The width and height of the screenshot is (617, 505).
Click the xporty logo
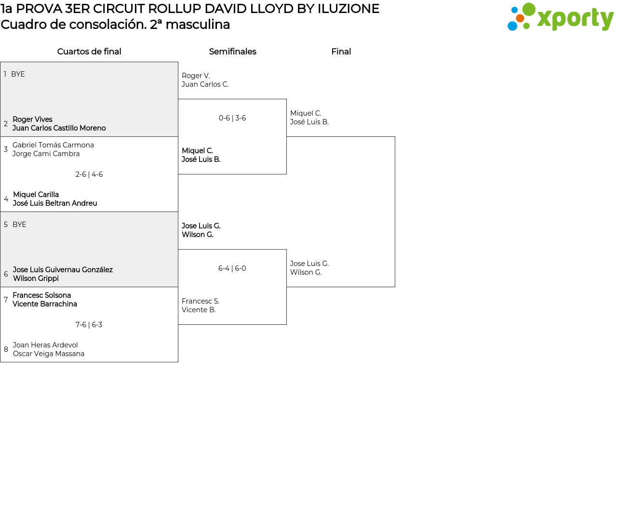(x=560, y=17)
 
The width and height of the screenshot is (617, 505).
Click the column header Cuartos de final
(x=89, y=52)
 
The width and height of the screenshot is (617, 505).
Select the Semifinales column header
(x=232, y=52)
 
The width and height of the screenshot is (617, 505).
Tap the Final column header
(x=341, y=52)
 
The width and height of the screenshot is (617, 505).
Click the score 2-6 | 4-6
(x=89, y=174)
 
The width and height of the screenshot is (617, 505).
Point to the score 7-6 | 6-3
(x=89, y=325)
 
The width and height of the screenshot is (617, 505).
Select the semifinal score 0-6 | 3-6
(x=232, y=118)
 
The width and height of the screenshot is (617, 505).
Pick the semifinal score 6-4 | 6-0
(x=232, y=268)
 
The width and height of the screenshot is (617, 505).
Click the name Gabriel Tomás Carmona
(x=53, y=145)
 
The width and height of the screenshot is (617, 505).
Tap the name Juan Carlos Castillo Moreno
(x=59, y=128)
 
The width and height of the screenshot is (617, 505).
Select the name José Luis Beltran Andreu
(x=55, y=203)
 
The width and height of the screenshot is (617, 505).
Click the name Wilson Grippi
(x=36, y=279)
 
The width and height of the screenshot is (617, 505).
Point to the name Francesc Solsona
(x=42, y=295)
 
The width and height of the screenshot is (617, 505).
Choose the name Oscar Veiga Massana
(x=49, y=354)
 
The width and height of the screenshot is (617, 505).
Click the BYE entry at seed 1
(x=18, y=74)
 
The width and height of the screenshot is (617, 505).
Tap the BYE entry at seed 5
(x=19, y=225)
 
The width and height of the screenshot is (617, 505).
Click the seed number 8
(x=6, y=349)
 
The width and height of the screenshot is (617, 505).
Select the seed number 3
(x=6, y=149)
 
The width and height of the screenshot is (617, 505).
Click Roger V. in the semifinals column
(x=196, y=76)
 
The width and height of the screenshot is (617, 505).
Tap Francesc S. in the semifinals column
(x=201, y=301)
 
